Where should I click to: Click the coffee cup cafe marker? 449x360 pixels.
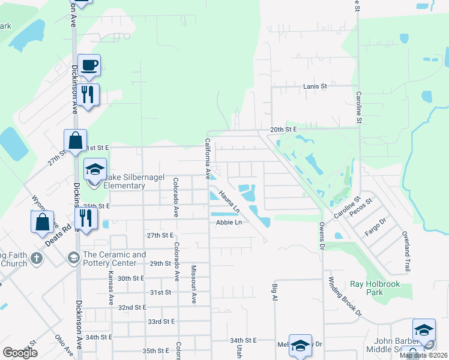89,65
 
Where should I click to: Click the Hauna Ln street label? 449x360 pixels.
229,202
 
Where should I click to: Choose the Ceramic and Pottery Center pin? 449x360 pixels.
73,259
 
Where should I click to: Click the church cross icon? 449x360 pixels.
37,259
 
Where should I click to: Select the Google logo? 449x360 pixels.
20,352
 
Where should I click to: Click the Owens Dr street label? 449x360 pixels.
321,231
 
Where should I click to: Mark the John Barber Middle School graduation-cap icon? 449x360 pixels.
423,330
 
